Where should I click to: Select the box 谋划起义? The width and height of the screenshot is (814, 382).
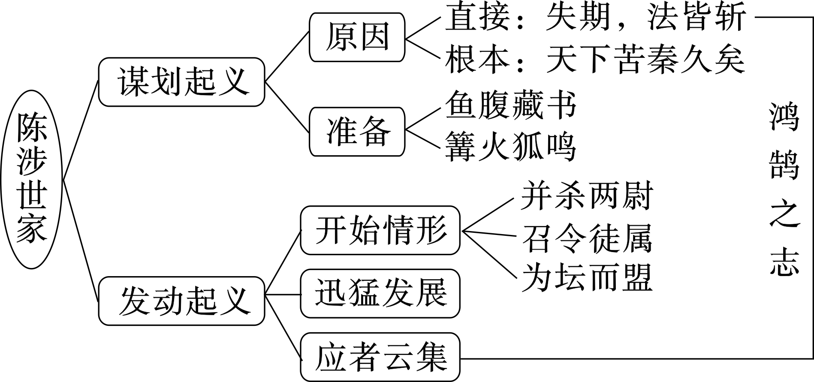tap(182, 82)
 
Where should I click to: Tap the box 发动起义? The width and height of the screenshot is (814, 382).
tap(182, 301)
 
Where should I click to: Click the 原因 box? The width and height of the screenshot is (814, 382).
tap(357, 37)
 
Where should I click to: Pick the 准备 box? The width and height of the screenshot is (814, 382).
tap(357, 132)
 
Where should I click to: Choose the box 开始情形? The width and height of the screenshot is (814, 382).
tap(380, 230)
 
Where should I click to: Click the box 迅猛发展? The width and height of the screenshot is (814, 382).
tap(380, 293)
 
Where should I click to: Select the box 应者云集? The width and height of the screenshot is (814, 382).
tap(380, 357)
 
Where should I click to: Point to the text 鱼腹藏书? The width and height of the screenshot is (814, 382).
tap(510, 105)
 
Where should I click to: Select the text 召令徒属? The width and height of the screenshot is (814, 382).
tap(587, 238)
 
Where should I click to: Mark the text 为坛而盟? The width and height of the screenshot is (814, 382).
tap(587, 277)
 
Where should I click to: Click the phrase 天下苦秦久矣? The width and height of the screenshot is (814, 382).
tap(645, 60)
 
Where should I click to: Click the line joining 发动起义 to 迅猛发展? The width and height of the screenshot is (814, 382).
tap(283, 295)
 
